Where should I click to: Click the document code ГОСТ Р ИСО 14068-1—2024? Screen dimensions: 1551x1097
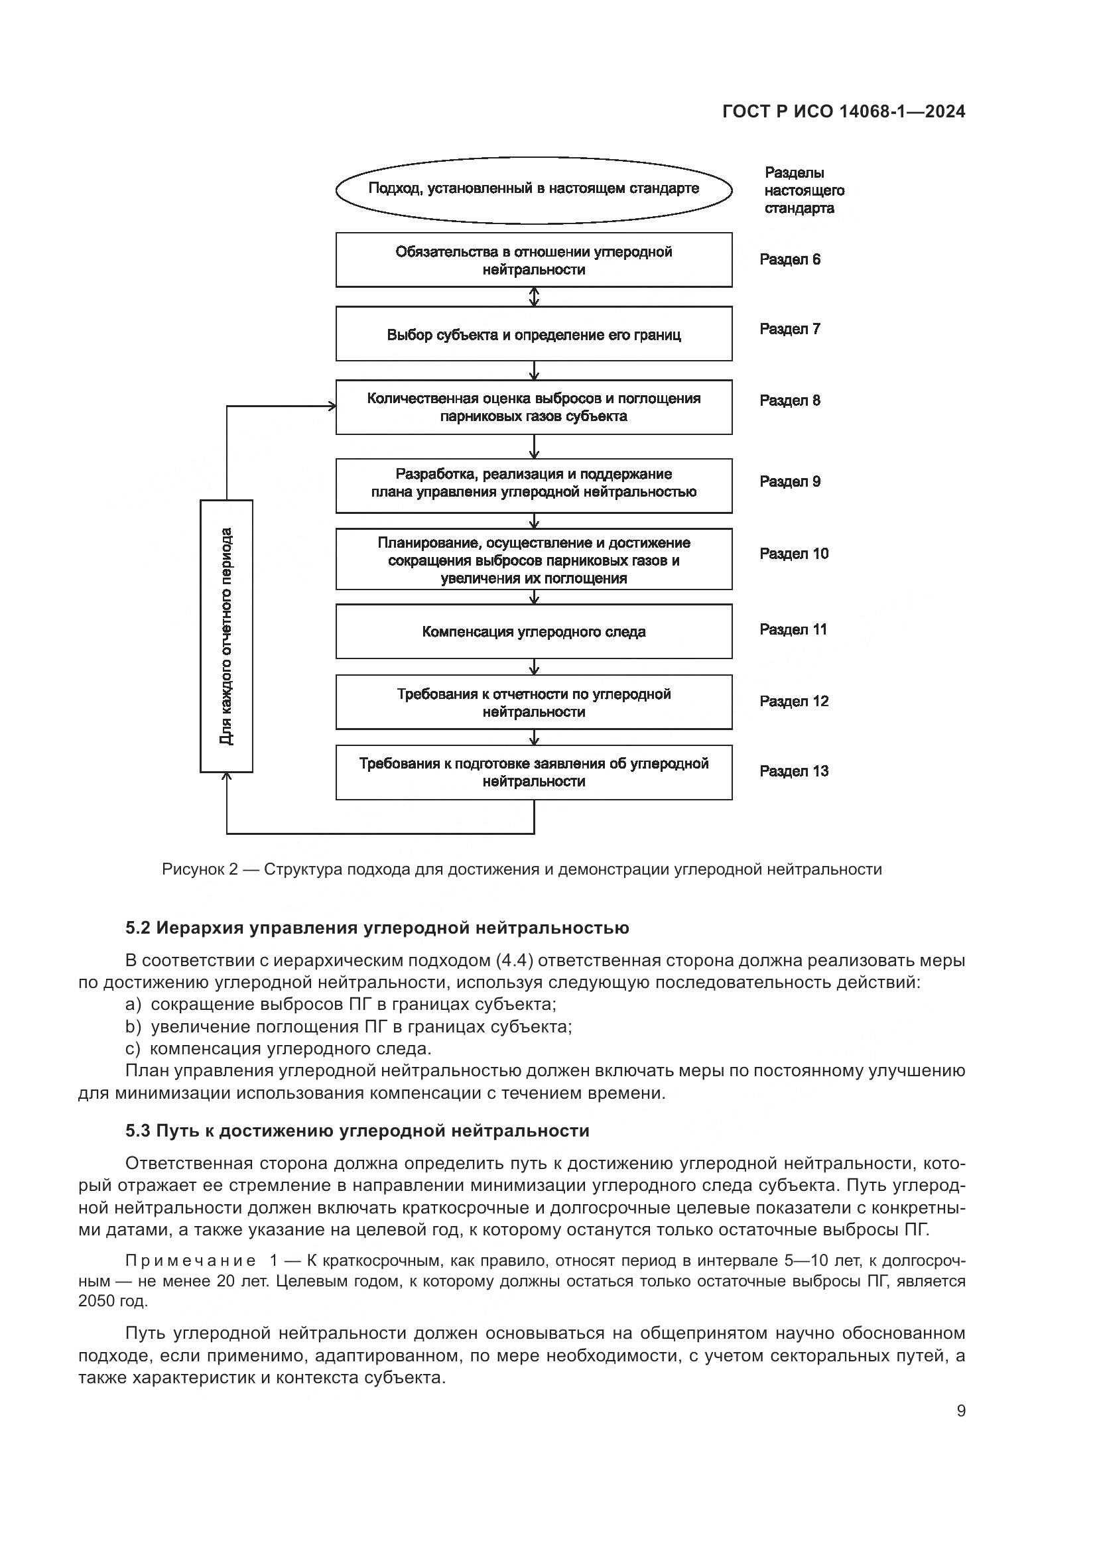pos(843,111)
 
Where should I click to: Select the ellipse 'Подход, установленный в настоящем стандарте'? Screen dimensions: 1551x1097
pos(534,189)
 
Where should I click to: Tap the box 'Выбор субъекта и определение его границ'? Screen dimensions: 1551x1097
pos(534,334)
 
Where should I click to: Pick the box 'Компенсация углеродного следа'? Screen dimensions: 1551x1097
pos(534,633)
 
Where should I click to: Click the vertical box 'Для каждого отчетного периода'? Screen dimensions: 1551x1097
pos(226,636)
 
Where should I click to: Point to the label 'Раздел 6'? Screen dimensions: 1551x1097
pos(790,260)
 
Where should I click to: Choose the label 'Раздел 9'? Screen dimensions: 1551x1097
pos(790,481)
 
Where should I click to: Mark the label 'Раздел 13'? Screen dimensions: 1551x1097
pos(794,771)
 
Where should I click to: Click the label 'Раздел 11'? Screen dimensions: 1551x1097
pos(793,629)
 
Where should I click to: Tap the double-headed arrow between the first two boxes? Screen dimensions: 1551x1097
pos(535,296)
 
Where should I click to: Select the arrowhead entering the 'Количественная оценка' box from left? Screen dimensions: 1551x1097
pos(331,406)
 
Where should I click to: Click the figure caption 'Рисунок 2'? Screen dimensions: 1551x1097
pos(200,869)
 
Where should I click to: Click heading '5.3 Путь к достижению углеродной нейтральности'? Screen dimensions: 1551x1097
pos(357,1131)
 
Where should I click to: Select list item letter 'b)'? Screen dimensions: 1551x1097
pos(133,1026)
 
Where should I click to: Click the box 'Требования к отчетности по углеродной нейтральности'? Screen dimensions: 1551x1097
pos(534,702)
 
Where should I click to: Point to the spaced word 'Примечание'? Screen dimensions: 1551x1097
pos(190,1261)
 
